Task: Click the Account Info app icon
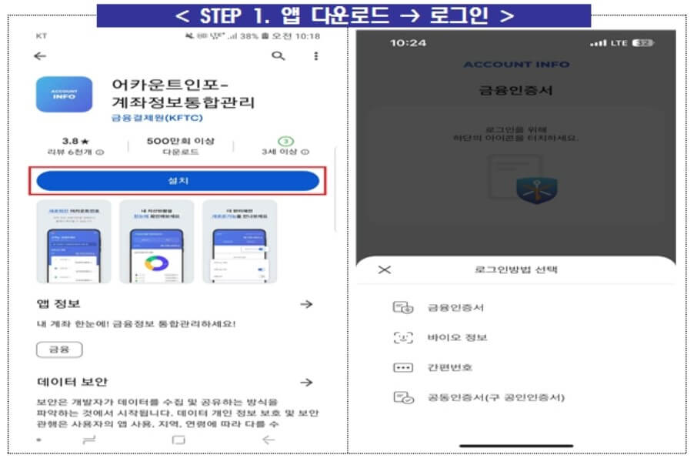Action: tap(64, 95)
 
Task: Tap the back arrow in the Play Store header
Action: tap(40, 56)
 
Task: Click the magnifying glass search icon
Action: tap(278, 56)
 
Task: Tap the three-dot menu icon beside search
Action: tap(315, 56)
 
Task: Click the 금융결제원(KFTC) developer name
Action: tap(152, 119)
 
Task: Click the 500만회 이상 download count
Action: tap(181, 142)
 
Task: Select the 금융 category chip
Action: tap(59, 350)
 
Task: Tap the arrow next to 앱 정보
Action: tap(306, 304)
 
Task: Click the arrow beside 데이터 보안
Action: tap(306, 382)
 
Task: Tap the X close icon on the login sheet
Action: tap(385, 269)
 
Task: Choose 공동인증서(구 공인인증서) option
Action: tap(496, 398)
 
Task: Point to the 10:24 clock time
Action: tap(408, 43)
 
